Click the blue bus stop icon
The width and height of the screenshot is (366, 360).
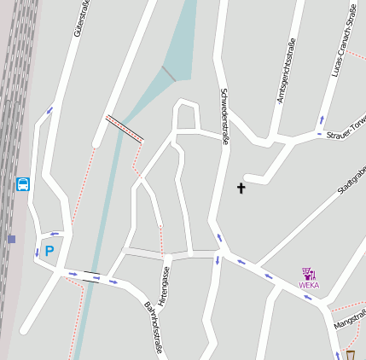(23, 183)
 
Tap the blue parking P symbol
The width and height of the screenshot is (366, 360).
(49, 251)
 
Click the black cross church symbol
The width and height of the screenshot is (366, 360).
(241, 188)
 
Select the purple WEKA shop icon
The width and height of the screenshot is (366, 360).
(309, 274)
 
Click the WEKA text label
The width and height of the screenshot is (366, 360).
(309, 286)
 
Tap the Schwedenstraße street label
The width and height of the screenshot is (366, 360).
(224, 118)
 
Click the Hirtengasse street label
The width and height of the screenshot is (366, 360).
(165, 286)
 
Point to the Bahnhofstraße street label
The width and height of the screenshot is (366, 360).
(153, 326)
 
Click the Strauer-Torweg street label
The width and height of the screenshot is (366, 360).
(346, 128)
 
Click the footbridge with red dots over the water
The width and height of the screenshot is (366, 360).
(124, 128)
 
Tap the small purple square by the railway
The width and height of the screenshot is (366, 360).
(12, 239)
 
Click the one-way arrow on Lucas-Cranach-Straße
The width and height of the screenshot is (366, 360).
(322, 119)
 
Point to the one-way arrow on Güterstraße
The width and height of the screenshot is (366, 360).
(49, 110)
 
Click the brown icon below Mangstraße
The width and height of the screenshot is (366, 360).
(350, 355)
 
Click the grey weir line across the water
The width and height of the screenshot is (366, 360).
(168, 74)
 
